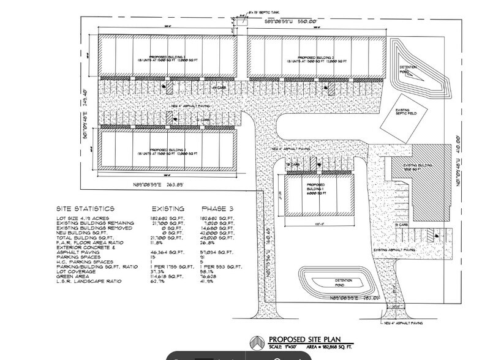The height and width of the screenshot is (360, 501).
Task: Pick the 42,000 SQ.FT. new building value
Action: click(x=219, y=233)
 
